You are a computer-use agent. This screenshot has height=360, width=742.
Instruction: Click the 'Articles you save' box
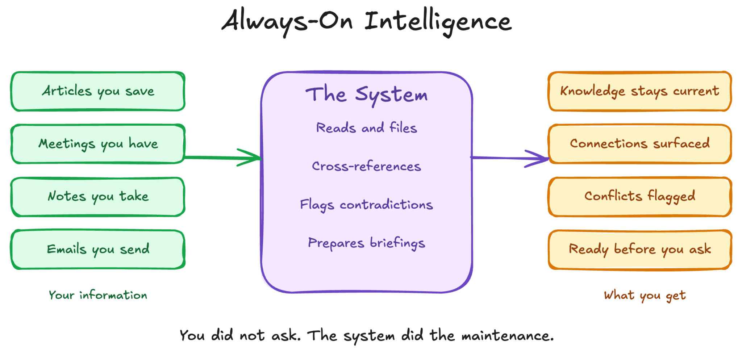pos(98,91)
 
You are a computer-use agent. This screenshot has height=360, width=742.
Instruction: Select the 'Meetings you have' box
pos(98,144)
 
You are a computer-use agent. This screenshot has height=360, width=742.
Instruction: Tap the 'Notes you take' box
pos(98,197)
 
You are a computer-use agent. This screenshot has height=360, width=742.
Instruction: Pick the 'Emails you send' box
pos(98,249)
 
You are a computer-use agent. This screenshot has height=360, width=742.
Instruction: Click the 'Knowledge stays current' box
pos(639,91)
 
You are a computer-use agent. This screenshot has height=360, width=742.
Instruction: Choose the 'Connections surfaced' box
pos(639,144)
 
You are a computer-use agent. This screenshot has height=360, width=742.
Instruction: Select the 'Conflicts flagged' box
pos(639,197)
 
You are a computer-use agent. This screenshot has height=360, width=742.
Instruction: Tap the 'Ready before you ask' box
pos(639,249)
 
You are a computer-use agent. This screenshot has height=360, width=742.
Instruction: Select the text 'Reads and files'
pos(366,128)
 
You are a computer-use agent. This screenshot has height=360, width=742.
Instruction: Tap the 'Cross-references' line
pos(366,166)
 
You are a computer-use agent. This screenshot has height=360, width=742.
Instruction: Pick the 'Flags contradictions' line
pos(366,205)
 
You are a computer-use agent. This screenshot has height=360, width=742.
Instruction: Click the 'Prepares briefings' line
pos(366,243)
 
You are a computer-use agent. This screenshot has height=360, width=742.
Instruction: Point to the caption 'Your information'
pos(98,295)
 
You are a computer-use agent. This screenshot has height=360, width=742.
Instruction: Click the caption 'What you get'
pos(645,296)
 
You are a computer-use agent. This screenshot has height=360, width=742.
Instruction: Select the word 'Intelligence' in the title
pos(438,22)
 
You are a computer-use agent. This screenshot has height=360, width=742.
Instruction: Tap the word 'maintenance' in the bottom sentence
pos(507,336)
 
